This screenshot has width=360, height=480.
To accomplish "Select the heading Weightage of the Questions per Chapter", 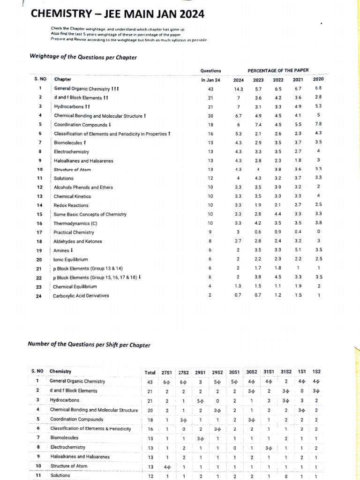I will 83,58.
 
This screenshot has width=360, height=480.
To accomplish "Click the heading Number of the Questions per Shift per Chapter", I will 90,345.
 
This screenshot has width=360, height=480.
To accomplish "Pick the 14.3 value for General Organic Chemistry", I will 239,89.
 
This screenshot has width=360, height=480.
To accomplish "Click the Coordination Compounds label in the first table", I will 82,125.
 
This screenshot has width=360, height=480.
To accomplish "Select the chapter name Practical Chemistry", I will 74,232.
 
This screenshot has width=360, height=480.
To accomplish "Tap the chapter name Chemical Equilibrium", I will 75,286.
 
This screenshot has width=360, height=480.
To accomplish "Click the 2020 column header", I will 318,79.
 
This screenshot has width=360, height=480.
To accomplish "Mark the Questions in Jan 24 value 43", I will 210,89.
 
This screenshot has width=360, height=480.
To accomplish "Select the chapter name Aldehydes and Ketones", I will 77,241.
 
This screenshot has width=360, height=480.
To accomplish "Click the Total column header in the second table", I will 150,373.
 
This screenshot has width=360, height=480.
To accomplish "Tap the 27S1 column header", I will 166,373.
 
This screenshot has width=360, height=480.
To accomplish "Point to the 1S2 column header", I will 317,373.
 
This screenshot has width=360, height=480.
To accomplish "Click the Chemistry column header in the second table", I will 60,372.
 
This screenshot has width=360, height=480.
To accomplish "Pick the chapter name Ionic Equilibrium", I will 71,259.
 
